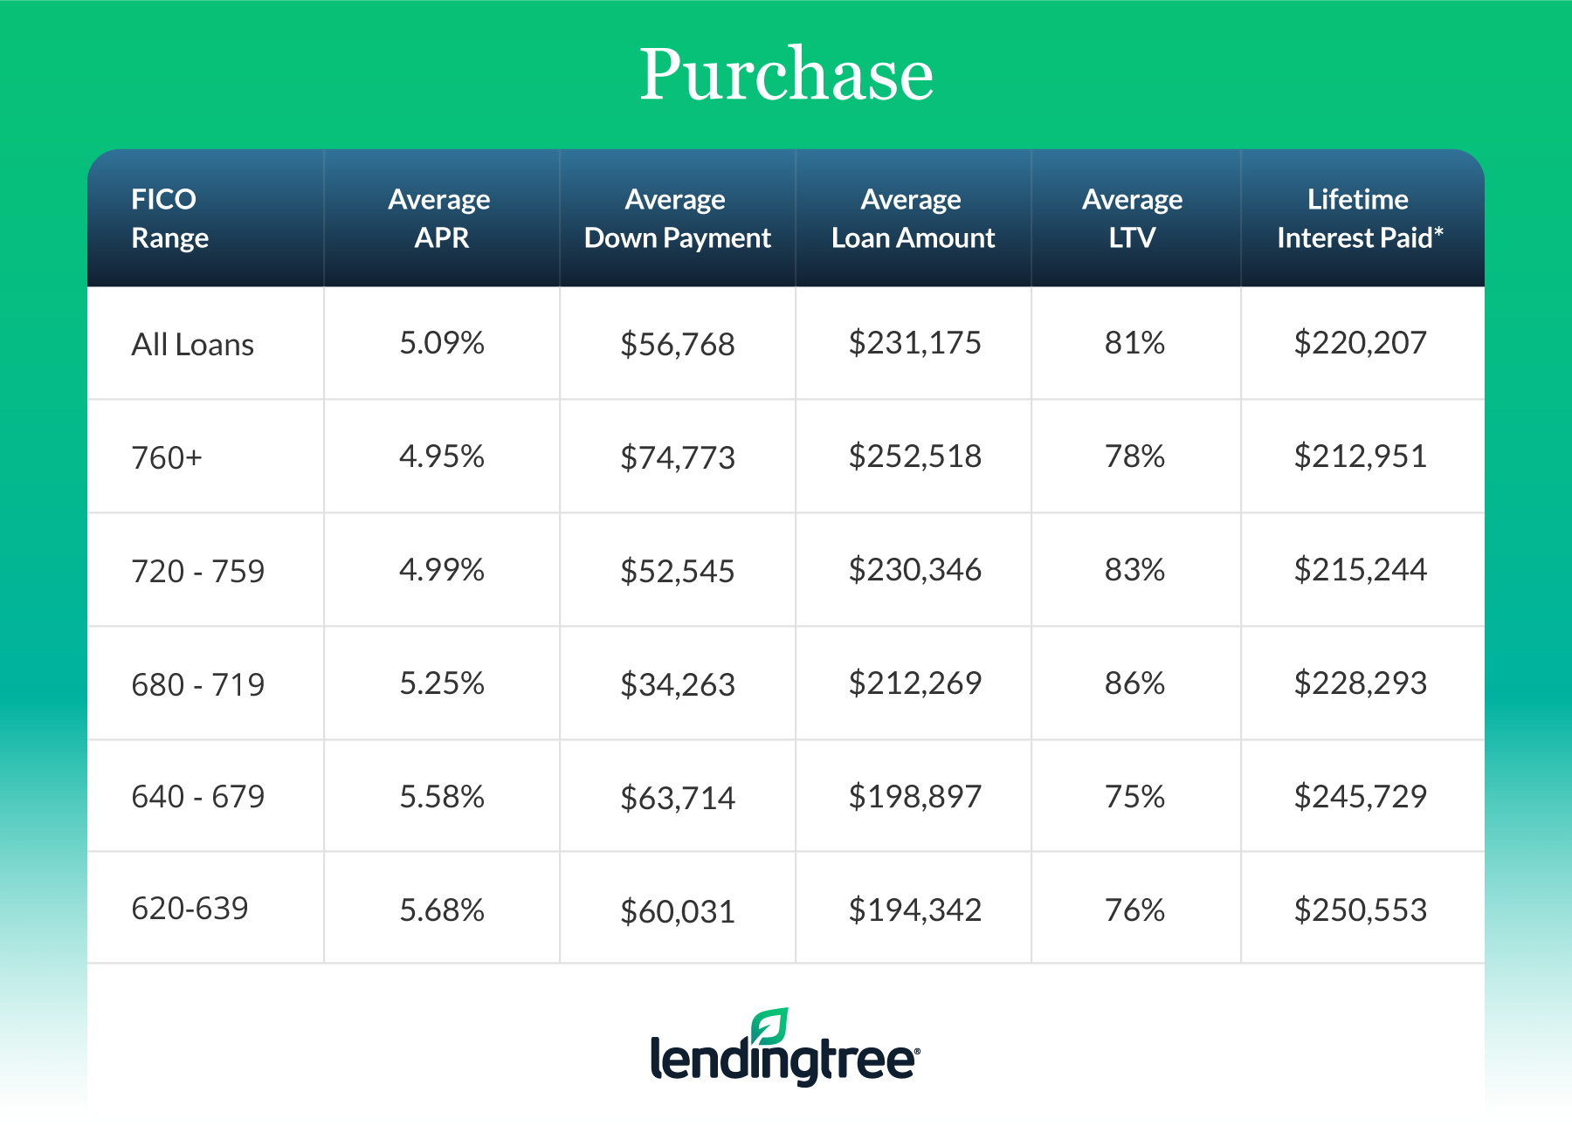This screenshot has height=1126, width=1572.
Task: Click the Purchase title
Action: coord(786,74)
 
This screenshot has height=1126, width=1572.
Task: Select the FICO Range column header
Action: coord(169,218)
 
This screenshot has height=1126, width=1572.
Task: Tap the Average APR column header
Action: coord(440,218)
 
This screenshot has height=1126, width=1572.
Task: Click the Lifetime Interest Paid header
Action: coord(1358,218)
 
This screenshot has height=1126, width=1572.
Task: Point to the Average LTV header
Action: coord(1133,218)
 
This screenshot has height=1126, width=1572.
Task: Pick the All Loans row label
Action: coord(192,345)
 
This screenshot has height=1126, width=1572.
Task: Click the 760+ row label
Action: coord(166,457)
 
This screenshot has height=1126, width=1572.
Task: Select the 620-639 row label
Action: coord(190,909)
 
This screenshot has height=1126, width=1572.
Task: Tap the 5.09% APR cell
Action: coord(442,343)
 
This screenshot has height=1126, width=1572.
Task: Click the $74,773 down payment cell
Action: coord(678,457)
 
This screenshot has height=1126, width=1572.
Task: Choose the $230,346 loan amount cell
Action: coord(914,570)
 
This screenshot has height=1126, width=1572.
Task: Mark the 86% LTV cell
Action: coord(1134,683)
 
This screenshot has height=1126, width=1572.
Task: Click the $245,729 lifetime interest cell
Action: coord(1360,796)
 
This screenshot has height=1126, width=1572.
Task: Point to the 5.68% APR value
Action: coord(442,910)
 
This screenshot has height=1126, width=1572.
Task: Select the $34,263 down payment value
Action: coord(678,684)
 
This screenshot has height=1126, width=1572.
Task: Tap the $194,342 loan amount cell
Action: coord(914,910)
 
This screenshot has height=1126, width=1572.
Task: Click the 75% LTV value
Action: coord(1134,797)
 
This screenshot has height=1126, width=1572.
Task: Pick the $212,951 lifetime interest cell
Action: coord(1360,457)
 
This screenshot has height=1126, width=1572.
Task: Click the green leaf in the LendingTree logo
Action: coord(769,1026)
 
